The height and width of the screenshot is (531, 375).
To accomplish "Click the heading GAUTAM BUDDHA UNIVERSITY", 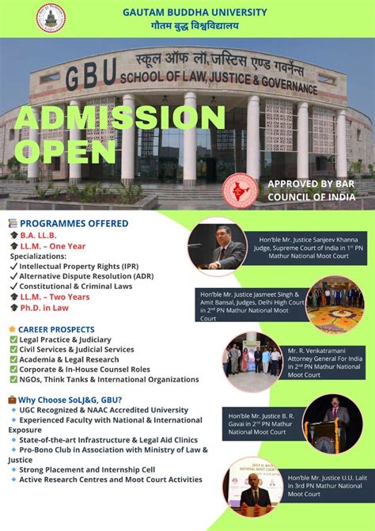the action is coord(195,13).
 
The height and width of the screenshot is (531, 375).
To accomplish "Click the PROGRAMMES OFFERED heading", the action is coord(74,224).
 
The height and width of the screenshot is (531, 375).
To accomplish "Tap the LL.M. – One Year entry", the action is coord(60,246).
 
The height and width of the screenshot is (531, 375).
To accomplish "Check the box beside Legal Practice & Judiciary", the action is coord(13,339).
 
